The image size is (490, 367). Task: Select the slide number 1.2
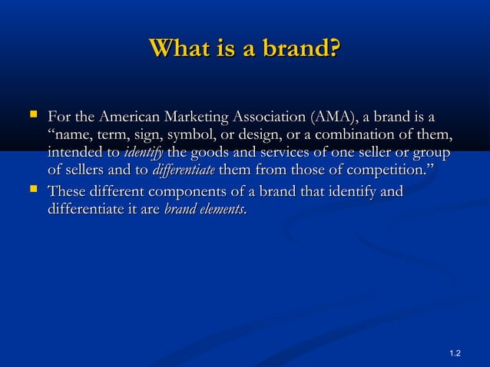point(454,352)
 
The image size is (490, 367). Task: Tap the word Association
point(275,117)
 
